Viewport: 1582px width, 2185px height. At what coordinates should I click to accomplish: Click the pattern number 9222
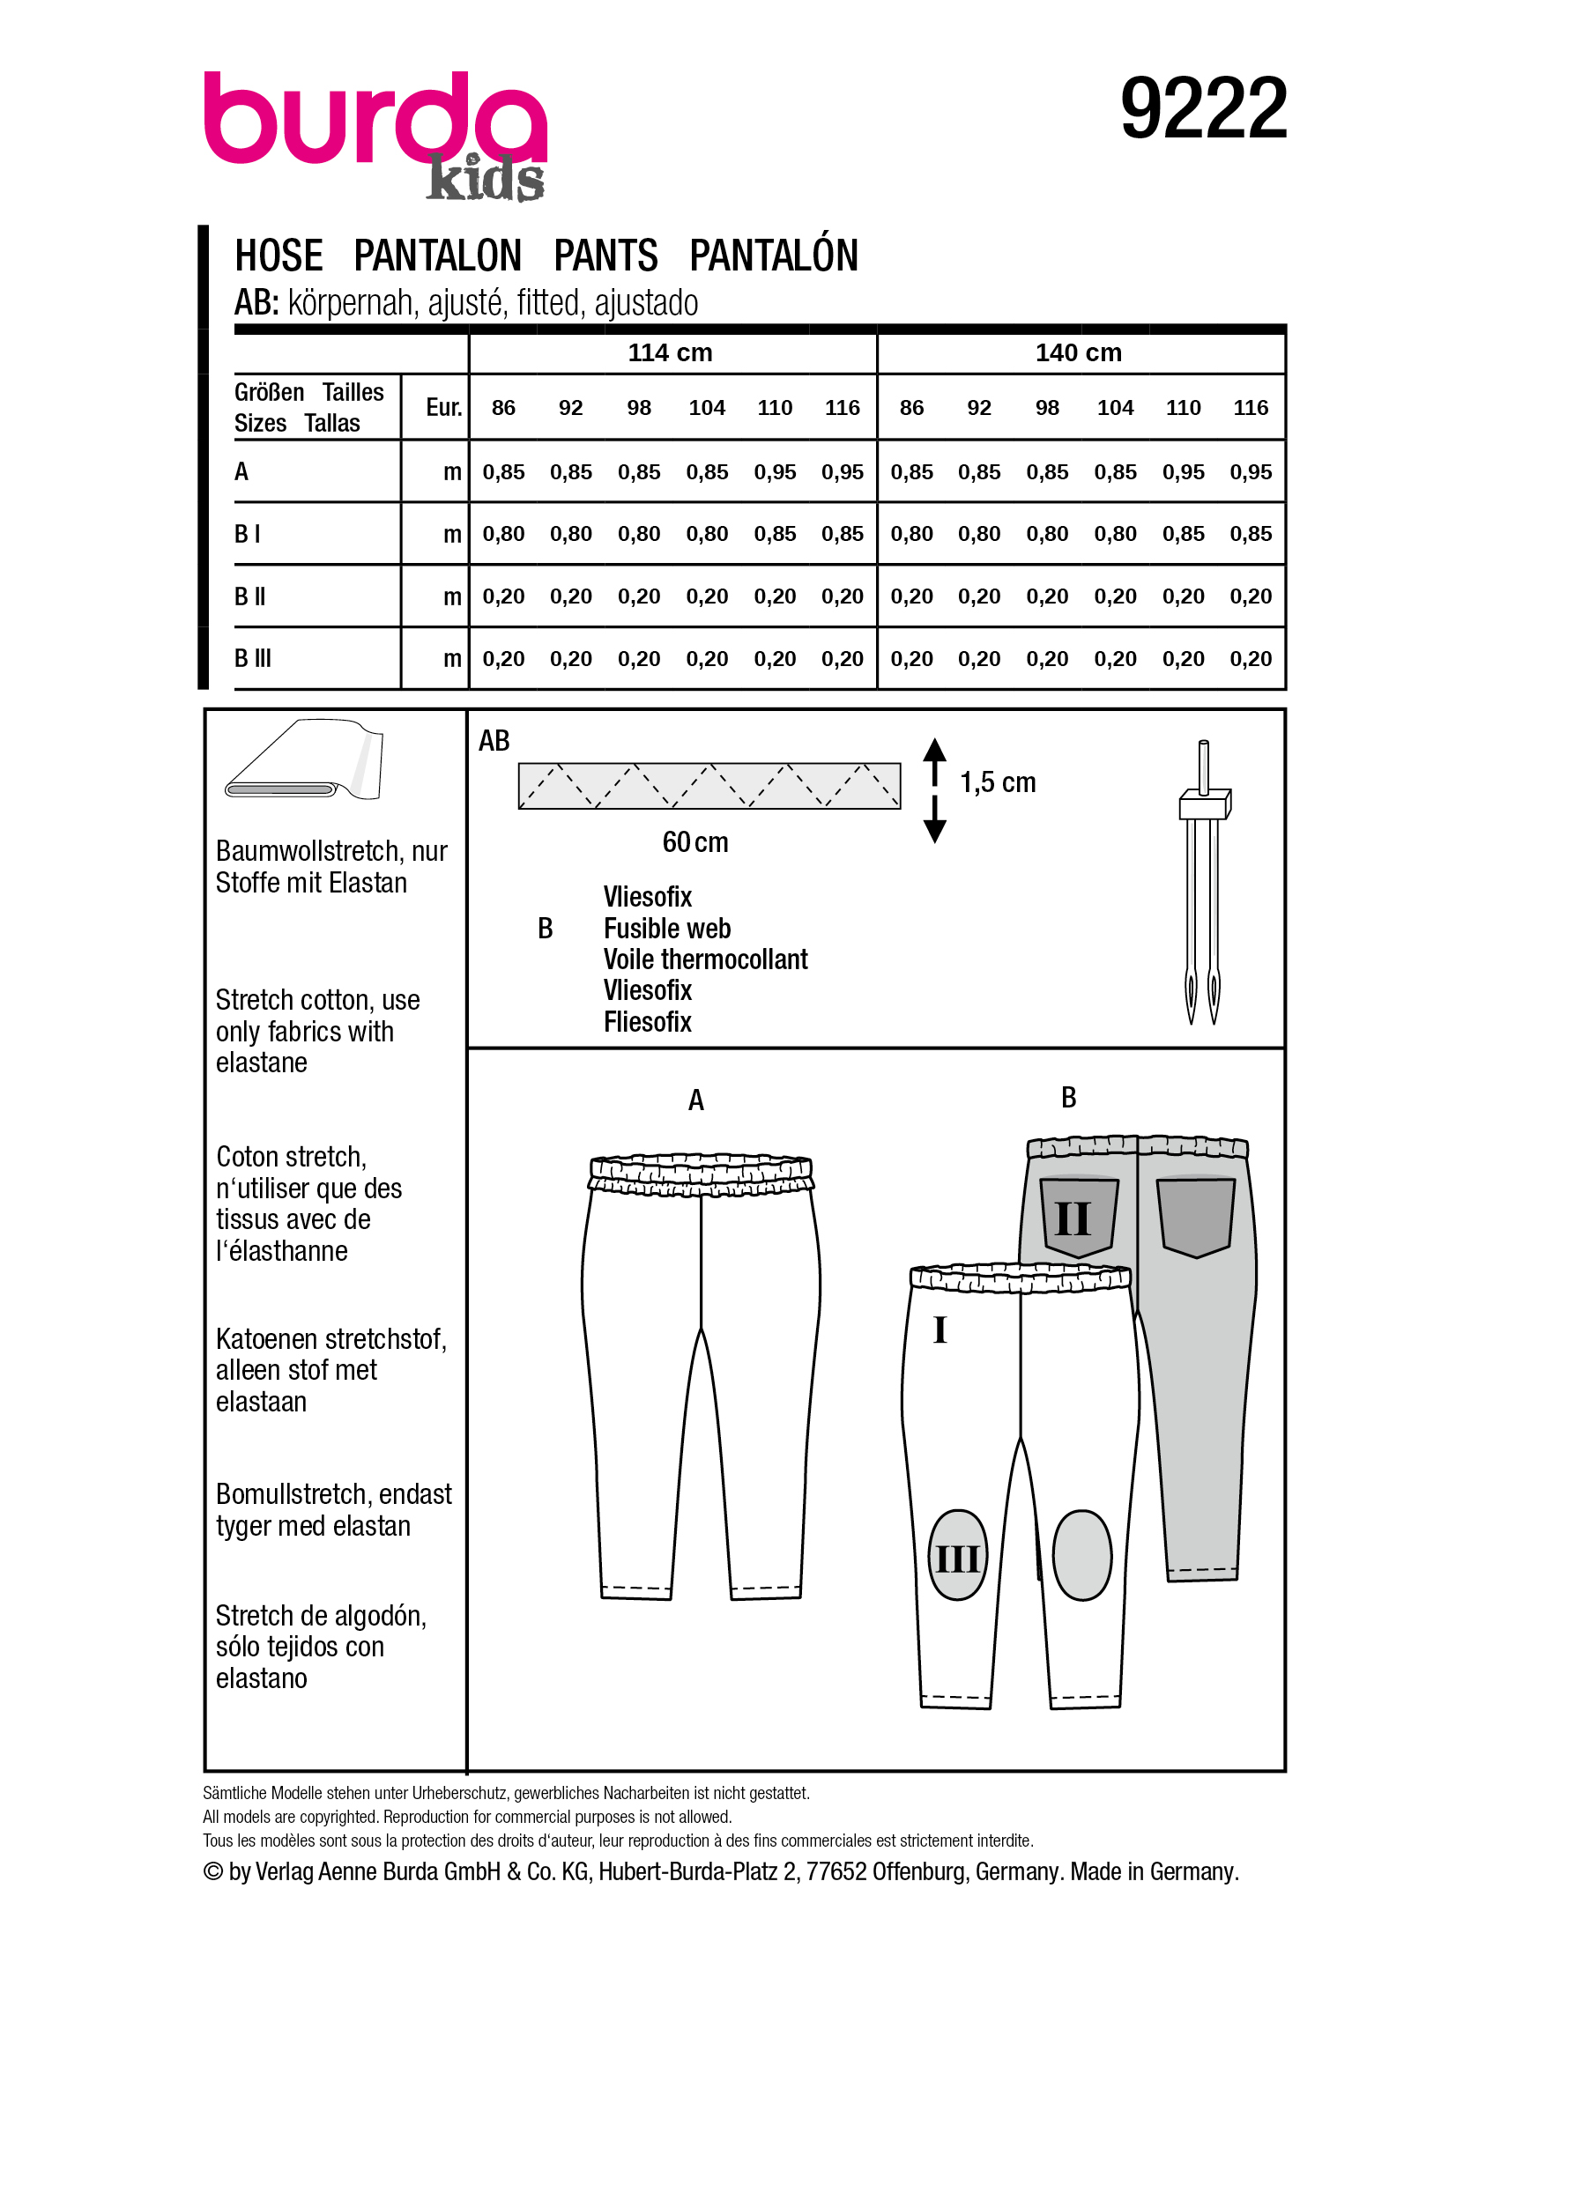pos(1202,109)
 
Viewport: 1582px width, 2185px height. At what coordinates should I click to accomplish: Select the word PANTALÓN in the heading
pos(774,256)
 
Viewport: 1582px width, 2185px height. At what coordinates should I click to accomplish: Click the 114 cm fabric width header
pos(670,352)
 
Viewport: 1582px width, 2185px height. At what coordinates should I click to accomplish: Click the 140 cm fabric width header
pos(1078,352)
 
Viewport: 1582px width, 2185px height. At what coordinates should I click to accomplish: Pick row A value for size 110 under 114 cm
pos(775,472)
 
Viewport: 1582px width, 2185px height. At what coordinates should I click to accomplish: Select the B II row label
pos(249,596)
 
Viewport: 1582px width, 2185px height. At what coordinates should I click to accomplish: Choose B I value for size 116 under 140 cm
pos(1251,534)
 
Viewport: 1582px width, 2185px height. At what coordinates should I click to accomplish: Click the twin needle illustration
pos(1203,882)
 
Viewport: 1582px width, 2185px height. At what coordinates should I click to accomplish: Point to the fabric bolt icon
pos(303,760)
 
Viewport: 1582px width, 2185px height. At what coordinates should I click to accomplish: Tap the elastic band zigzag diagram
pos(709,786)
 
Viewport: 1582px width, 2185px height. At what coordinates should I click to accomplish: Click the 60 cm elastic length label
pos(694,842)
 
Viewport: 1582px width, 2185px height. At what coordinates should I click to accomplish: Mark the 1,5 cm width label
pos(997,782)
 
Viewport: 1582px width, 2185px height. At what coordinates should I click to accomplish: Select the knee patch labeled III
pos(957,1556)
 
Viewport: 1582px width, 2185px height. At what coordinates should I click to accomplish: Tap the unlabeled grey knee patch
pos(1081,1555)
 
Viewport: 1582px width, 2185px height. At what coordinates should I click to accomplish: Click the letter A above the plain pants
pos(695,1100)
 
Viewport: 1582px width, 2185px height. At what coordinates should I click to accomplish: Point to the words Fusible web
pos(666,929)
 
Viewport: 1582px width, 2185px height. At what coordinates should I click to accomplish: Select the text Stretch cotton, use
pos(317,1000)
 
